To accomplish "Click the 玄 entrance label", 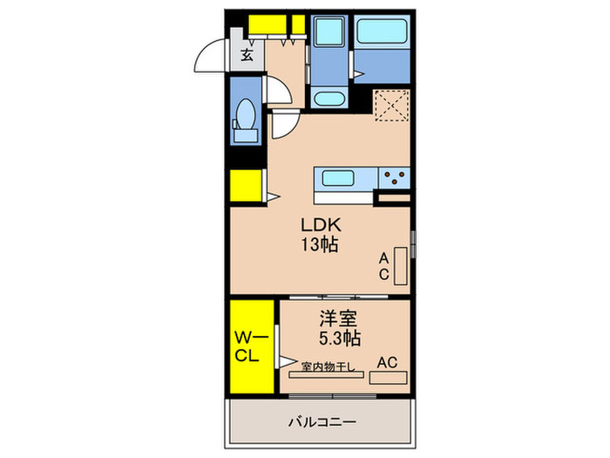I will [x=247, y=56].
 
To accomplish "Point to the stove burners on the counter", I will [x=394, y=179].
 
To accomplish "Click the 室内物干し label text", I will [x=328, y=366].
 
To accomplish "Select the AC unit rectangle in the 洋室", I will [x=388, y=379].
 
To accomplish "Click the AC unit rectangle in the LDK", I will [x=401, y=266].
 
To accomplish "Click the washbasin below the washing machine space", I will [x=329, y=99].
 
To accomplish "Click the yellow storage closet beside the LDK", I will [x=247, y=185].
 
